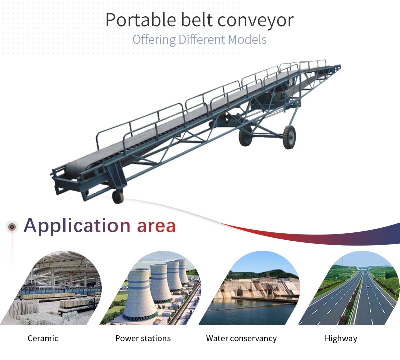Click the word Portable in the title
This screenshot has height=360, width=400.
coord(141,20)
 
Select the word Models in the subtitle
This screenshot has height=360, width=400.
coord(247,40)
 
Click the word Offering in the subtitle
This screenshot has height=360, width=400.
coord(154,40)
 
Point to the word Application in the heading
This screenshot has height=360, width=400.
coord(77,226)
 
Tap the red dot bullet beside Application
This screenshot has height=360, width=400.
coord(12,227)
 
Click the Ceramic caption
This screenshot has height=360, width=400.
coord(43,338)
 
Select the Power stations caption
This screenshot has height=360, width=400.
coord(143,338)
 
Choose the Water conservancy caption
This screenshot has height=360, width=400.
coord(241,339)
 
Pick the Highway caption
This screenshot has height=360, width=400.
coord(341,339)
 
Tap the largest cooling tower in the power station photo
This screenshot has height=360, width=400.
coord(140,293)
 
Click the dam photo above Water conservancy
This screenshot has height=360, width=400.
coord(251,288)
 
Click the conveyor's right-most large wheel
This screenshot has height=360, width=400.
coord(290,137)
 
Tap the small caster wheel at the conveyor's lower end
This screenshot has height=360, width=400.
coord(118,197)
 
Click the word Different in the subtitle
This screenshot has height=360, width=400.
coord(202,40)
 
